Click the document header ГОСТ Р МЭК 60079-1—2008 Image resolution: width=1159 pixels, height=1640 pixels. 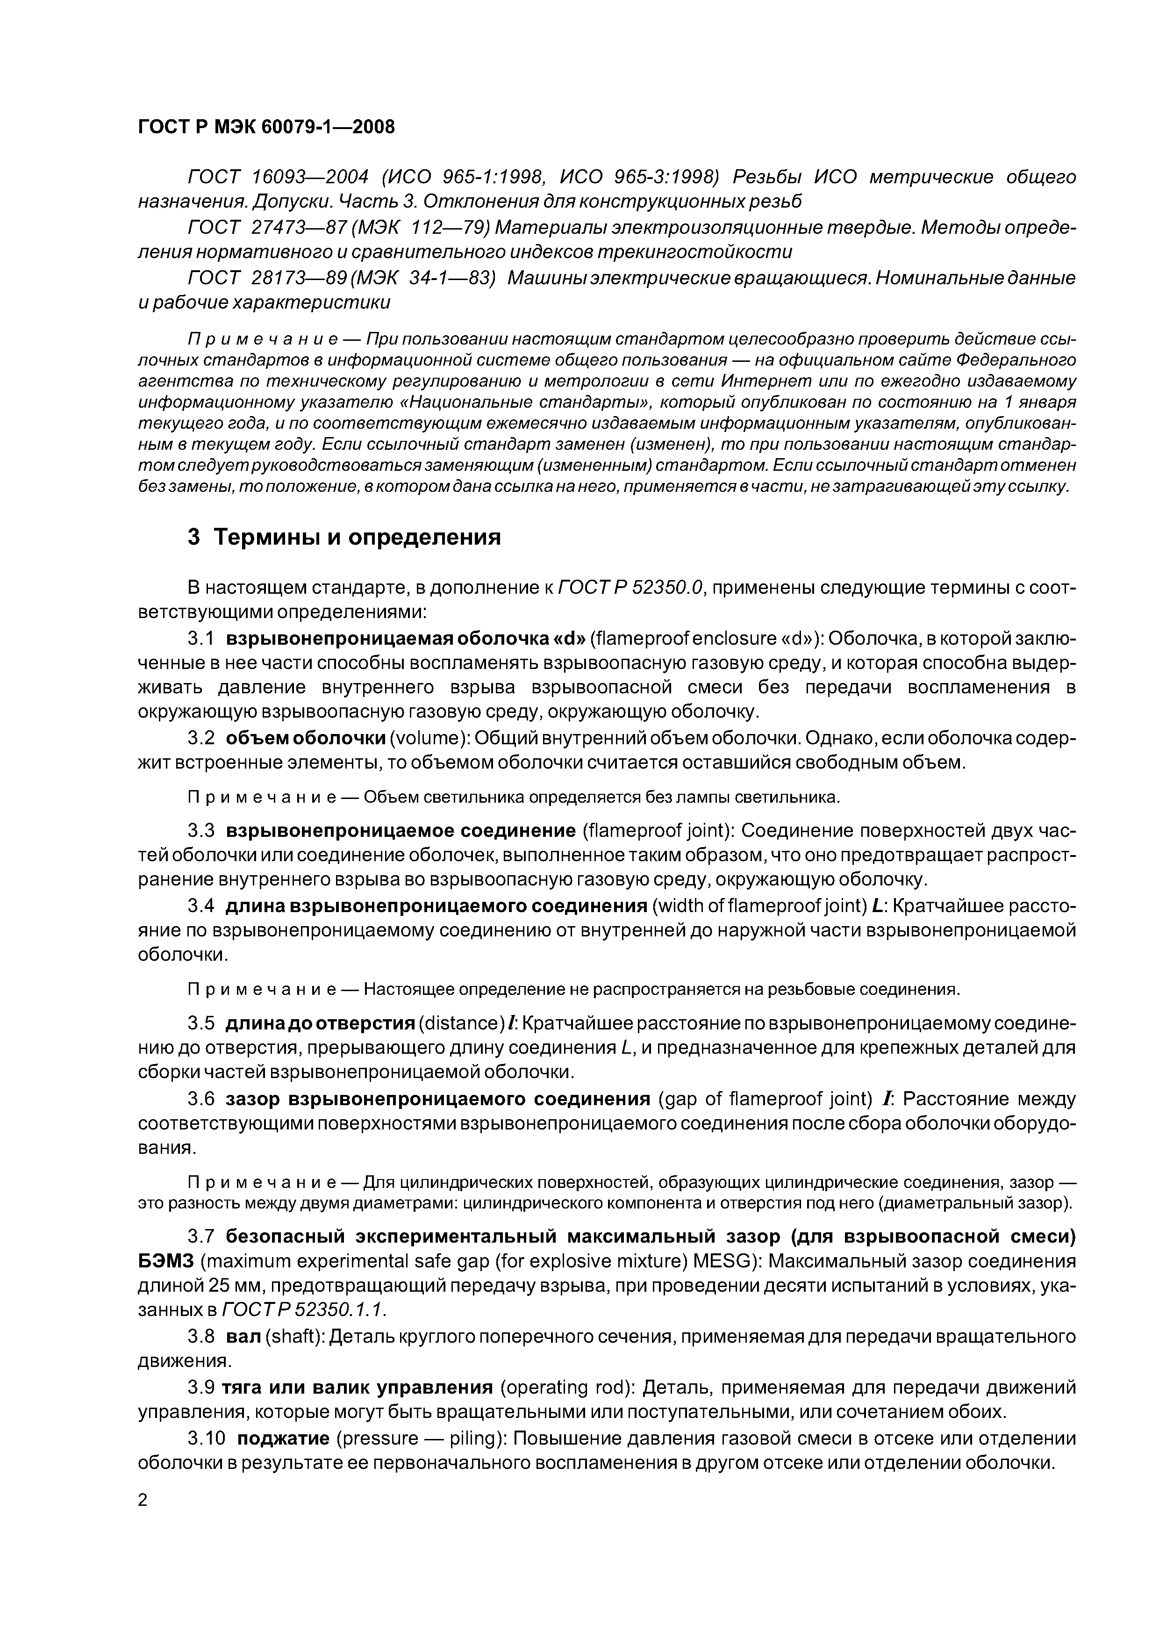point(265,127)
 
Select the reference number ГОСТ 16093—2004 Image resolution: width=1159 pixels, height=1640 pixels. point(278,177)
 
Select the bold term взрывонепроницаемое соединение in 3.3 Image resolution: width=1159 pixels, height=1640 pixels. point(401,831)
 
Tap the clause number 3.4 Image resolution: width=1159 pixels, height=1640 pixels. point(200,906)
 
